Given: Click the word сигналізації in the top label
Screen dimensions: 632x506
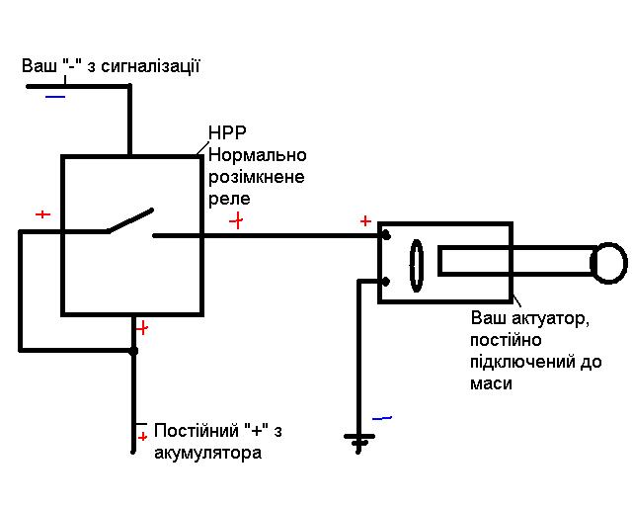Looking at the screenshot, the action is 150,66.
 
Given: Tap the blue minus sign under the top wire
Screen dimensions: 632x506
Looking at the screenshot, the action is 55,97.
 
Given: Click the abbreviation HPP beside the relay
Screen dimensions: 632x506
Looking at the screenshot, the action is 227,133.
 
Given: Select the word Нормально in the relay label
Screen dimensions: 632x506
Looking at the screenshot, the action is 257,155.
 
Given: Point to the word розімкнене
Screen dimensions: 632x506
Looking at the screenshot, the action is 257,178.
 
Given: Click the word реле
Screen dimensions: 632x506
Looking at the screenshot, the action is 229,199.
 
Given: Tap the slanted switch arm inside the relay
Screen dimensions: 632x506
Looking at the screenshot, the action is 130,220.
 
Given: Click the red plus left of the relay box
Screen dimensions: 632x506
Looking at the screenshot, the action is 42,213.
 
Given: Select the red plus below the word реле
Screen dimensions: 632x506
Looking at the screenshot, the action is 237,220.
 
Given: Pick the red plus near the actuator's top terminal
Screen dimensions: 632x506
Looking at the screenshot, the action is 365,220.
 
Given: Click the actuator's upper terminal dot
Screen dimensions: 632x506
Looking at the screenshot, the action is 386,235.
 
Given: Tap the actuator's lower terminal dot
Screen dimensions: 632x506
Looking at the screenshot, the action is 386,282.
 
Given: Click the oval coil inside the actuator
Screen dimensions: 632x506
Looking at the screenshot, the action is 417,266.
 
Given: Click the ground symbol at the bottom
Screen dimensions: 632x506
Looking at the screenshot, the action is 358,442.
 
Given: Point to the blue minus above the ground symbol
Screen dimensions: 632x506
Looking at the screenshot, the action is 382,418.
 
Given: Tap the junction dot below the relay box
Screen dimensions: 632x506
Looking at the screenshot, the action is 133,351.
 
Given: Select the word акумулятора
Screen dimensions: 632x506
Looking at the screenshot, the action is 208,454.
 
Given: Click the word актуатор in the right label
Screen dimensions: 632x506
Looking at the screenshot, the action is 550,319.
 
